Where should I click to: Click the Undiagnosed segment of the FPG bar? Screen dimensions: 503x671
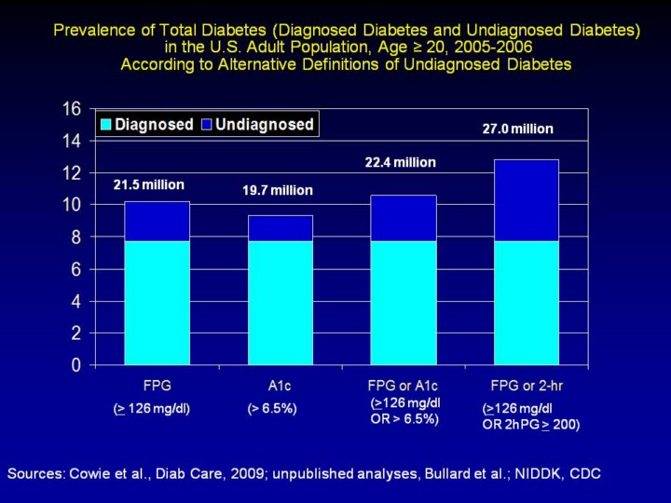click(157, 221)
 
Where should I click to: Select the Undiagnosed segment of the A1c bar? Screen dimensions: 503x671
click(281, 228)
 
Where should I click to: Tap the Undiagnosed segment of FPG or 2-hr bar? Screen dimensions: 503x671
click(527, 199)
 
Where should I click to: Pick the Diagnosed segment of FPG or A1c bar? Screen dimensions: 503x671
click(403, 302)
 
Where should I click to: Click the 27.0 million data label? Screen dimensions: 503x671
click(517, 129)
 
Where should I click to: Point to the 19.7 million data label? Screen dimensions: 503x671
click(278, 191)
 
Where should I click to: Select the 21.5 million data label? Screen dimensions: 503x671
click(149, 184)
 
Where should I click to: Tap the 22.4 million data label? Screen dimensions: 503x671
click(400, 162)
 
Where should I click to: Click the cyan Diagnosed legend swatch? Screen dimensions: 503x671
click(105, 125)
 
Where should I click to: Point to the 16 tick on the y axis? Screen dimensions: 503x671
click(71, 108)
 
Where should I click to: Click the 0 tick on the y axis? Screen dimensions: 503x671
click(76, 365)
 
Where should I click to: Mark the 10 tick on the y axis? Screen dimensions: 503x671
click(71, 205)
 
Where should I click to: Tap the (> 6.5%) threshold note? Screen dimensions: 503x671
click(272, 408)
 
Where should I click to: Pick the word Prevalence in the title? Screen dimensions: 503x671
click(91, 30)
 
